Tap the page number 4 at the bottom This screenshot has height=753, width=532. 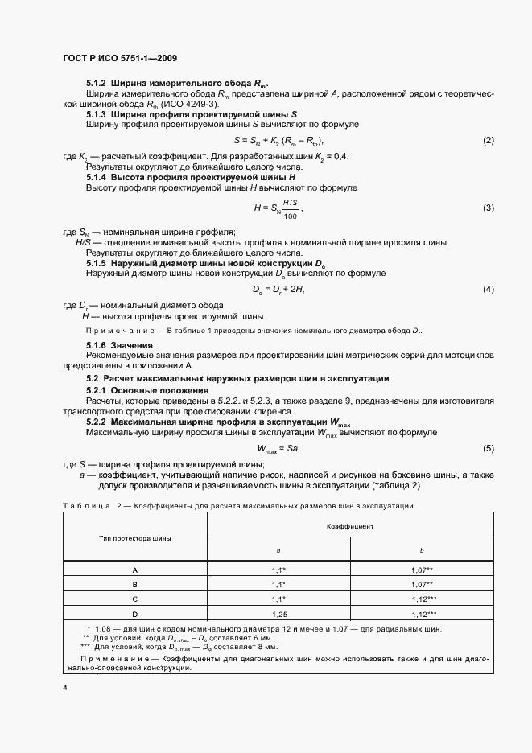(65, 689)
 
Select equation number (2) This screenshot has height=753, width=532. (488, 141)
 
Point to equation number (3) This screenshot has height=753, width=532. (488, 208)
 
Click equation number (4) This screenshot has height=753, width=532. (488, 289)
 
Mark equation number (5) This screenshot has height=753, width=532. (488, 447)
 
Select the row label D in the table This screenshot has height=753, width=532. (135, 614)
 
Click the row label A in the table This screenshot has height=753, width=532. (135, 570)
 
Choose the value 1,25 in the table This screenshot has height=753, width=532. (278, 614)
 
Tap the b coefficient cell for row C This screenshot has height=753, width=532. (422, 599)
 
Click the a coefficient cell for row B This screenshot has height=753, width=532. (278, 584)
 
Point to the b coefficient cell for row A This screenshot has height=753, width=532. (422, 570)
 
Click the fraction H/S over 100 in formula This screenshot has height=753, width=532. (290, 209)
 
